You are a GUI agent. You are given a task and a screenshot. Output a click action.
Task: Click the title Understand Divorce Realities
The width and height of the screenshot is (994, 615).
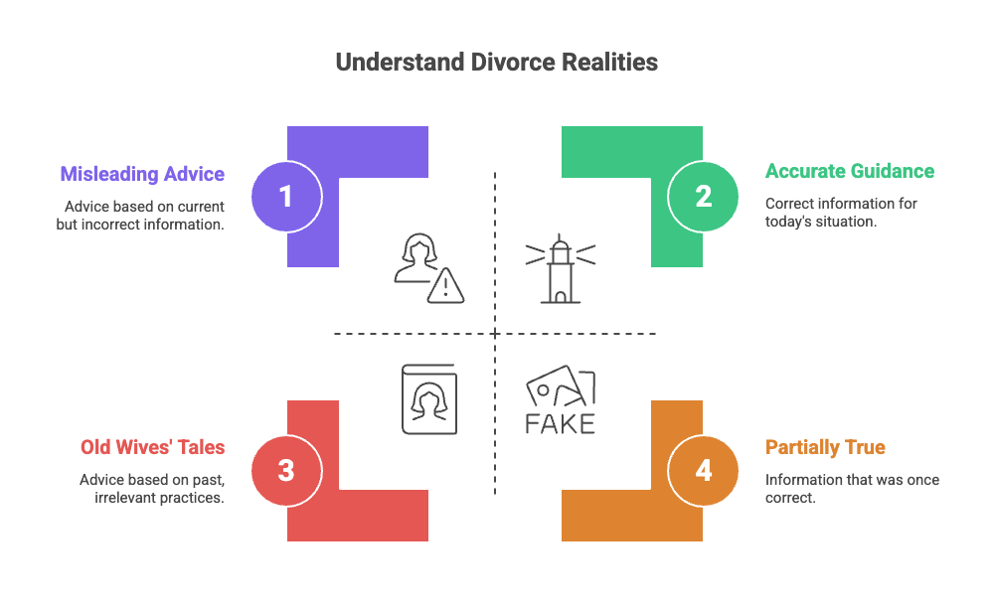pyautogui.click(x=496, y=62)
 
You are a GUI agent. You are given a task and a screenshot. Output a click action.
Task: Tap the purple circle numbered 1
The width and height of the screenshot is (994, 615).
pyautogui.click(x=286, y=196)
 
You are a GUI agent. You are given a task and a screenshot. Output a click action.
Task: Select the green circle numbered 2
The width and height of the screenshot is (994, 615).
pyautogui.click(x=703, y=196)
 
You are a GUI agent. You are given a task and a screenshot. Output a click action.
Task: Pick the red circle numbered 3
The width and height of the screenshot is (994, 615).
pyautogui.click(x=286, y=470)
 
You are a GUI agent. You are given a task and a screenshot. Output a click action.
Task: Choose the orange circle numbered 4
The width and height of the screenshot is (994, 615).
pyautogui.click(x=703, y=470)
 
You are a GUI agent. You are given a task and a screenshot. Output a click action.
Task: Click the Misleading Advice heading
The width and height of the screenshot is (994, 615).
pyautogui.click(x=142, y=175)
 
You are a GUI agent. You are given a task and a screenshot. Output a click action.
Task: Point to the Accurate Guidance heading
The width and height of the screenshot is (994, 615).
pyautogui.click(x=849, y=171)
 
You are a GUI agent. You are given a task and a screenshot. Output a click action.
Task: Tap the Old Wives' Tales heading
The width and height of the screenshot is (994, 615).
pyautogui.click(x=152, y=447)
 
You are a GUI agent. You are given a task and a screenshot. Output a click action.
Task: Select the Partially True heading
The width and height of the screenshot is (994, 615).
pyautogui.click(x=825, y=447)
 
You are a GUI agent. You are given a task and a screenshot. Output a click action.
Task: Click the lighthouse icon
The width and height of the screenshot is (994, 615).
pyautogui.click(x=560, y=267)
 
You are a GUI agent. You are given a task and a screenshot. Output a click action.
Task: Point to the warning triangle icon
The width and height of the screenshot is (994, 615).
pyautogui.click(x=446, y=286)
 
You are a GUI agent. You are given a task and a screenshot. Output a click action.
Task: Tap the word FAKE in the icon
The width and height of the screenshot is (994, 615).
pyautogui.click(x=560, y=423)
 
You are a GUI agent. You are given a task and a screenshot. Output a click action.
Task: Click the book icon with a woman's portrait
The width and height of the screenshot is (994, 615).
pyautogui.click(x=428, y=398)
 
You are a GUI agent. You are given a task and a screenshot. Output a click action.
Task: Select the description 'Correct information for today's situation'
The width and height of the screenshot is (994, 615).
pyautogui.click(x=841, y=213)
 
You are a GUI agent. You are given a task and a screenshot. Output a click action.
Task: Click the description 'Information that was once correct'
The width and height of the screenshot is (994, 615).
pyautogui.click(x=852, y=489)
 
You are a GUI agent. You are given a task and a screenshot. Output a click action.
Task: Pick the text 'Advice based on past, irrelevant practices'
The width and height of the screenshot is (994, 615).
pyautogui.click(x=151, y=489)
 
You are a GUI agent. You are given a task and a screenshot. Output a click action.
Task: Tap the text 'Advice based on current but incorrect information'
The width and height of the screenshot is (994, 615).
pyautogui.click(x=140, y=216)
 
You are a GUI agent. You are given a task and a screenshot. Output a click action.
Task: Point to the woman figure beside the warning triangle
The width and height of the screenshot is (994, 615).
pyautogui.click(x=415, y=258)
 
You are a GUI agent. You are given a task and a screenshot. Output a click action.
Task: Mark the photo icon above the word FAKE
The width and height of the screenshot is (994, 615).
pyautogui.click(x=560, y=387)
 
